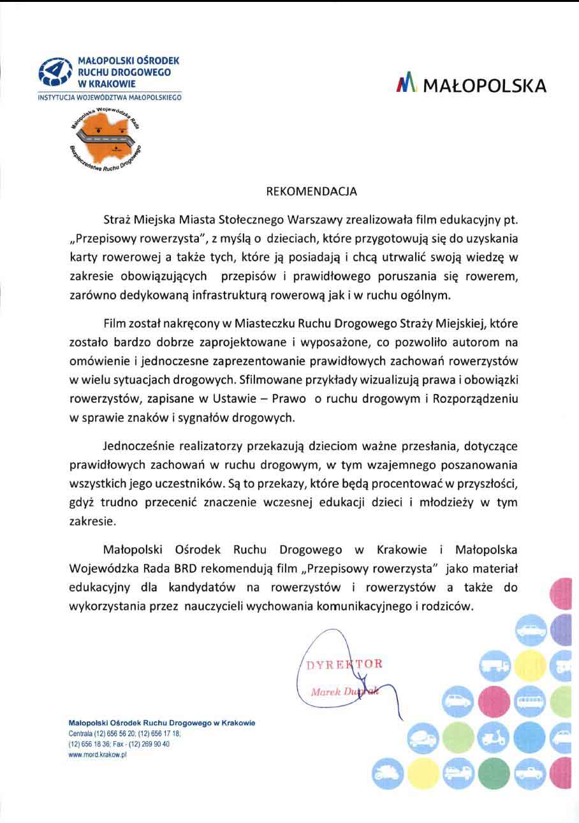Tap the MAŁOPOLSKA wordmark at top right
coord(484,86)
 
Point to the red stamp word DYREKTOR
coord(344,664)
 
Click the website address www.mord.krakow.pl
coord(98,754)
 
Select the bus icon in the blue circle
coord(531,702)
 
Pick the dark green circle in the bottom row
coord(494,773)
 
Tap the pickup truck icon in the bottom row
coord(531,773)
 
